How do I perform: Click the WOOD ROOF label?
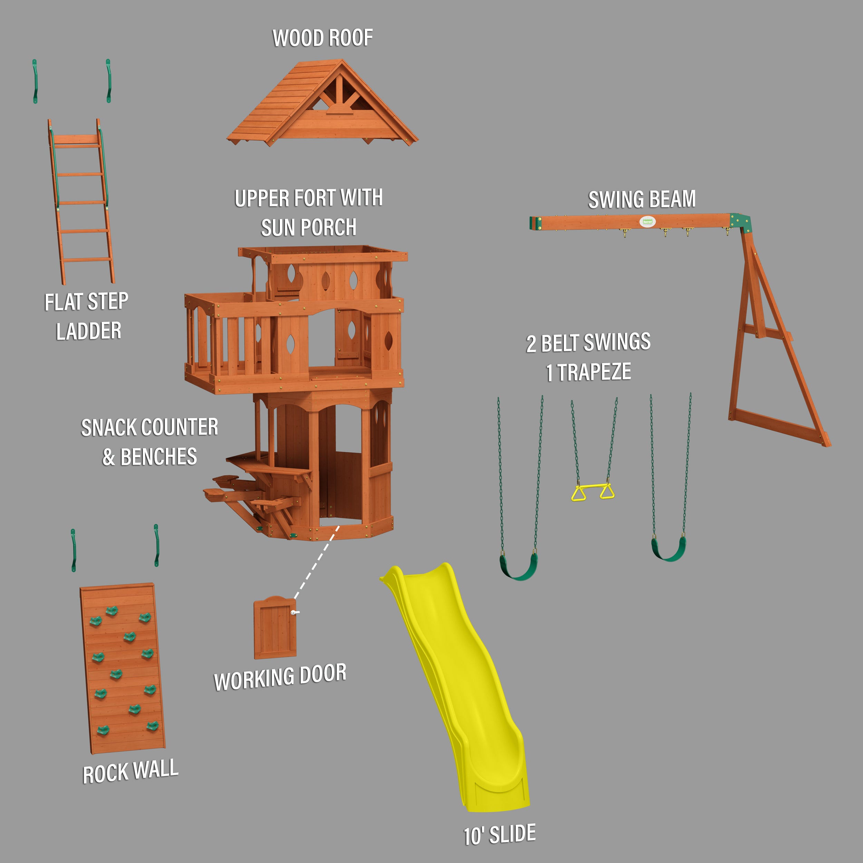click(x=322, y=38)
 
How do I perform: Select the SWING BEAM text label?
click(x=642, y=199)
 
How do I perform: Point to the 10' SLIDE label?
click(x=500, y=834)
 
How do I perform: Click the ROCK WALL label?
click(x=130, y=772)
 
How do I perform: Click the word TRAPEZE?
click(x=594, y=372)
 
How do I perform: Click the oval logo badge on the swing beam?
click(x=647, y=221)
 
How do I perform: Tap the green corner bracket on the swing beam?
click(x=740, y=222)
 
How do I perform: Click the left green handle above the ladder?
click(x=35, y=81)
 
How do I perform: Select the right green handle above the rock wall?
click(x=156, y=545)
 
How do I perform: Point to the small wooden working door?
click(x=275, y=627)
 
